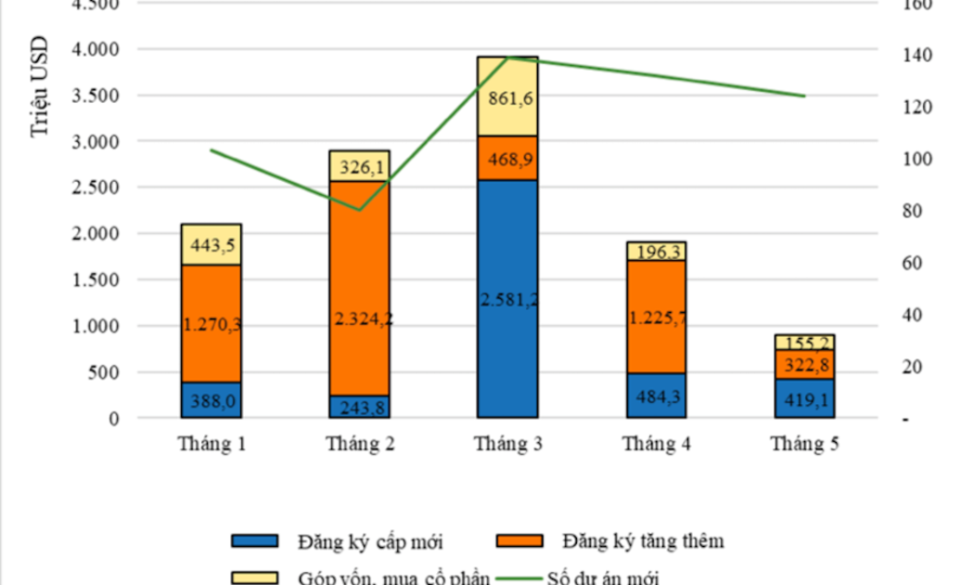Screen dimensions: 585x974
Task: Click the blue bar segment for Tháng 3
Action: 507,353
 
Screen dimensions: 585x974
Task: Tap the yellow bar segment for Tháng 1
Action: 211,244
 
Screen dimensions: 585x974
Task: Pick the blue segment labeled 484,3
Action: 656,396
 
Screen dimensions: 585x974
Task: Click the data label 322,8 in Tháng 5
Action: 804,364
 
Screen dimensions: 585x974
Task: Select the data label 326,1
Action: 359,167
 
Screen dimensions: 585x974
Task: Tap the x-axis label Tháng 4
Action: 656,445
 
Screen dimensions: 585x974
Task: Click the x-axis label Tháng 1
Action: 211,445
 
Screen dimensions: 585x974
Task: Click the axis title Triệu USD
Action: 39,90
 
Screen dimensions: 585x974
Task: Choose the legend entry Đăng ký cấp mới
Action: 370,541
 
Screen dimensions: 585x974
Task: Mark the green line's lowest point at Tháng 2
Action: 359,210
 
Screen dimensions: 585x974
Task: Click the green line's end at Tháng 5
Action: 804,96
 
